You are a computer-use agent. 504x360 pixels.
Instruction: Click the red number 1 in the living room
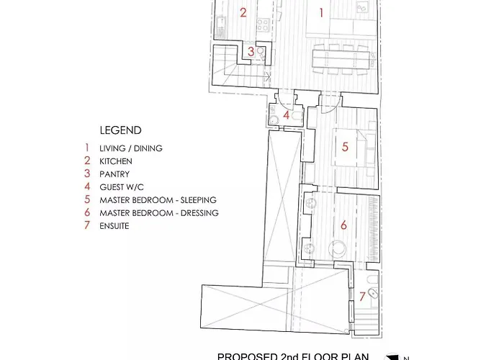320,12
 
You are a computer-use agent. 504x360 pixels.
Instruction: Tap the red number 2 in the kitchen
243,12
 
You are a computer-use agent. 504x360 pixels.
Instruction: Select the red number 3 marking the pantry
251,52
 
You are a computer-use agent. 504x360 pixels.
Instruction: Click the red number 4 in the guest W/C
286,114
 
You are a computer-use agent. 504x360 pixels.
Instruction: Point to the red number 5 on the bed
345,147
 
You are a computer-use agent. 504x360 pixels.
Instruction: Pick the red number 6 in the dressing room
343,225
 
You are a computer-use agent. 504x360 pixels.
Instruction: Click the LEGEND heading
121,130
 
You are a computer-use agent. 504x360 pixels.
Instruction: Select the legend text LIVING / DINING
131,148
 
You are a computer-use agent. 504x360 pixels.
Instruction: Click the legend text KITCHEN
116,161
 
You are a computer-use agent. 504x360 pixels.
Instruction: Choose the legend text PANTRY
114,174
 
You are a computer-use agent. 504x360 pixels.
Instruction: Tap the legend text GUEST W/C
121,186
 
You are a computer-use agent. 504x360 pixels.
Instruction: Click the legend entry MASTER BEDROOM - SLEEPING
158,199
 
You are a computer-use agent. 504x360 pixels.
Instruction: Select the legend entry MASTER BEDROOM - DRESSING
159,212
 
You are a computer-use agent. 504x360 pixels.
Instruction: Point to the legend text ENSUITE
116,225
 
